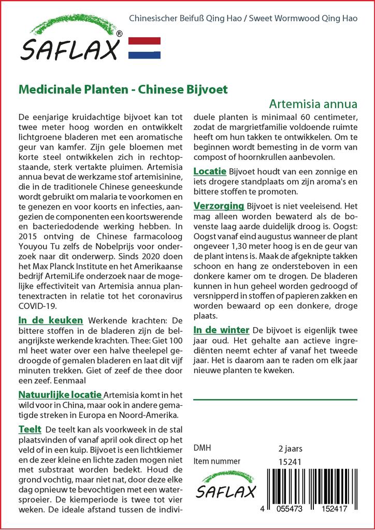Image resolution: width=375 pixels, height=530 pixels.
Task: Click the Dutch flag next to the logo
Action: (x=144, y=48)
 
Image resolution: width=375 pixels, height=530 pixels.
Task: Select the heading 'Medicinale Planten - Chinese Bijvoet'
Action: (x=123, y=89)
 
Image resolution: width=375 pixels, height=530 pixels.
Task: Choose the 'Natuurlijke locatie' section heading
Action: (x=60, y=395)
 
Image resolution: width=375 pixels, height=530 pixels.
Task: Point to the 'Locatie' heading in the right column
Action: (x=210, y=171)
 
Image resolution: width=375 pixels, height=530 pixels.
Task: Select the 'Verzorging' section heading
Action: (x=219, y=206)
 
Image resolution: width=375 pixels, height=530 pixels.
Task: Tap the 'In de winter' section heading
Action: (x=221, y=330)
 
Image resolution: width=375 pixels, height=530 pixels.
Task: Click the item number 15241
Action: (x=290, y=462)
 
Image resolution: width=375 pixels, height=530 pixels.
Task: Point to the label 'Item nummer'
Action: (x=217, y=462)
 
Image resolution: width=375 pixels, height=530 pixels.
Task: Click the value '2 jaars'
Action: (x=290, y=448)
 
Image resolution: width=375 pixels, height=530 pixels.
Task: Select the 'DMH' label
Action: (x=202, y=448)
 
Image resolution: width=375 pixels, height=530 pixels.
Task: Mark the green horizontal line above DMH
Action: (x=275, y=400)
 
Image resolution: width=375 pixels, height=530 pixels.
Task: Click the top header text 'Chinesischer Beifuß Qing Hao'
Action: (x=188, y=18)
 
